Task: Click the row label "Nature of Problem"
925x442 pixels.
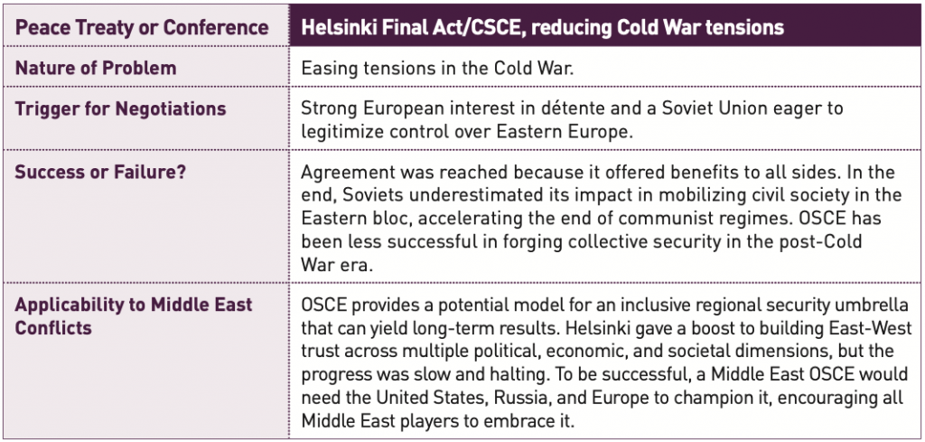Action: pos(96,68)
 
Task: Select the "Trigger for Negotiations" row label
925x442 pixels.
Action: pos(120,109)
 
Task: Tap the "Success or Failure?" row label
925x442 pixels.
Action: pos(94,173)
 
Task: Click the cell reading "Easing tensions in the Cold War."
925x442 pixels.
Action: pos(437,68)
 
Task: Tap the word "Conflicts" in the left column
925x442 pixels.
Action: pos(53,328)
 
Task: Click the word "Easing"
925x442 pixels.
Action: pos(327,69)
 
